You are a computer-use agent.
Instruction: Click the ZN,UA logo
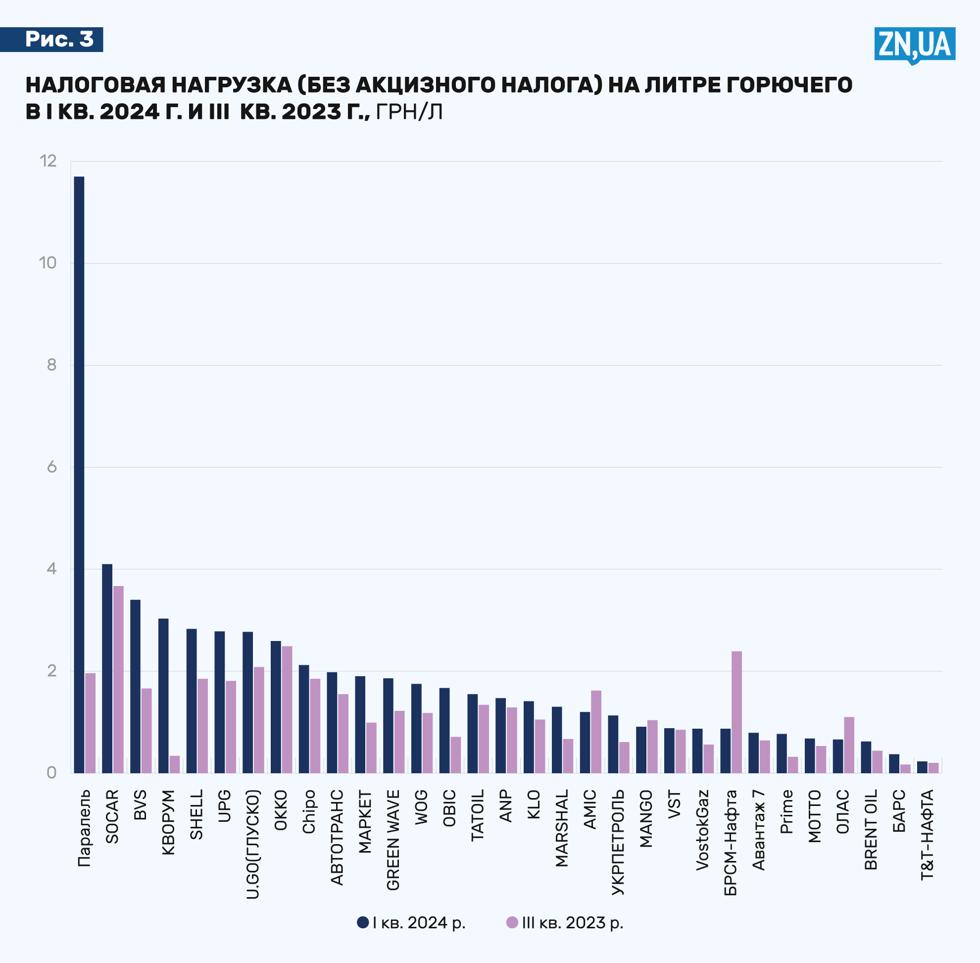(x=914, y=45)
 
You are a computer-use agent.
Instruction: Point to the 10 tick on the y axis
(x=48, y=263)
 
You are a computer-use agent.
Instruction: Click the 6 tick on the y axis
(x=51, y=467)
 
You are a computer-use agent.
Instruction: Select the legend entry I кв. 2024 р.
(x=411, y=922)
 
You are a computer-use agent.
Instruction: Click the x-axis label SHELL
(x=196, y=815)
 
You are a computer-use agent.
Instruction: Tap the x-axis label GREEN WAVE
(x=392, y=840)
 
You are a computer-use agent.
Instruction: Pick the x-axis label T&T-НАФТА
(x=927, y=835)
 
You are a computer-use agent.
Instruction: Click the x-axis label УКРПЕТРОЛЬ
(x=618, y=842)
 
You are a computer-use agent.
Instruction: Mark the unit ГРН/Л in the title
(x=409, y=112)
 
